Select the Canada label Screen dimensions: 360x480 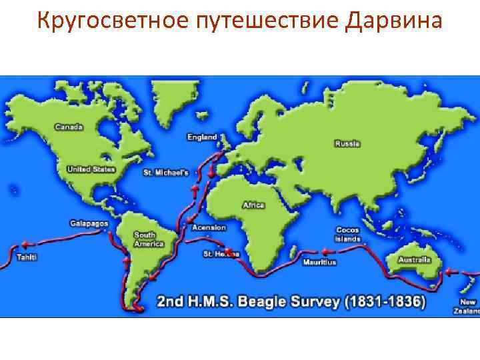pyautogui.click(x=69, y=126)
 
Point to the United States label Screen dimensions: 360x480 pyautogui.click(x=91, y=169)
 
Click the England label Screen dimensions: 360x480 pyautogui.click(x=201, y=137)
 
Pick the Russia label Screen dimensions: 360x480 pyautogui.click(x=347, y=143)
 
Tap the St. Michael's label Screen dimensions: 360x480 pyautogui.click(x=166, y=173)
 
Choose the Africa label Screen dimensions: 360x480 pyautogui.click(x=253, y=205)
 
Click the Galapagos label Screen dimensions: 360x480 pyautogui.click(x=89, y=223)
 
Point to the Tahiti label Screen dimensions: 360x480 pyautogui.click(x=27, y=257)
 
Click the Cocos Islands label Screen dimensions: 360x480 pyautogui.click(x=348, y=235)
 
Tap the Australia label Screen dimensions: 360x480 pyautogui.click(x=414, y=259)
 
